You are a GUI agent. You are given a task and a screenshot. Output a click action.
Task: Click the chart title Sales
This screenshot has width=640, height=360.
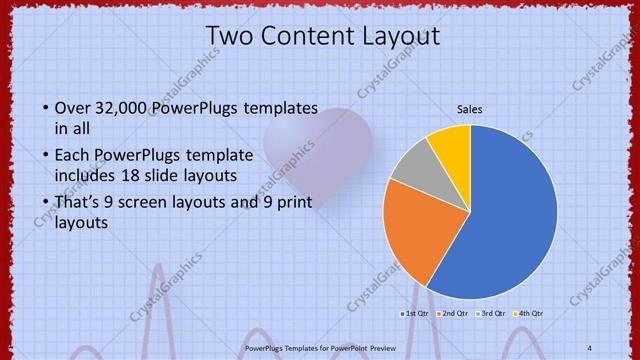pyautogui.click(x=470, y=108)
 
